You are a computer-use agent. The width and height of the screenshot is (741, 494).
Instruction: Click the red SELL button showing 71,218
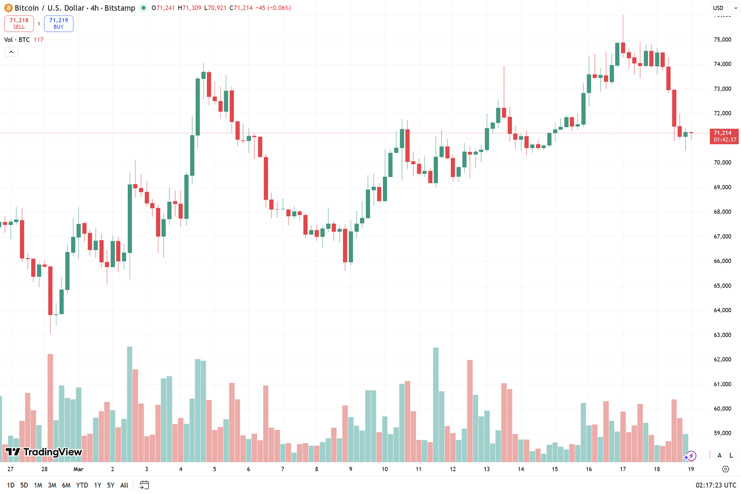click(19, 24)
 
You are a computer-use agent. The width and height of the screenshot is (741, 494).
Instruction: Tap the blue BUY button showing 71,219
click(59, 24)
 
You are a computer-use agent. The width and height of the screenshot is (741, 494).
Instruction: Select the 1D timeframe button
click(11, 485)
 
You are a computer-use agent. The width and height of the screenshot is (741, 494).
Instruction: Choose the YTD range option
click(82, 485)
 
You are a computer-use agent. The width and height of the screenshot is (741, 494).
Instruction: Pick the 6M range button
click(66, 485)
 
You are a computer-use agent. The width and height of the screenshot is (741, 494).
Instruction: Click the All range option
click(124, 485)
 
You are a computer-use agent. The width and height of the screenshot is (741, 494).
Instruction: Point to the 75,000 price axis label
click(722, 39)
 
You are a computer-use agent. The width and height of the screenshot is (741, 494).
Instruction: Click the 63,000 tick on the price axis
click(722, 335)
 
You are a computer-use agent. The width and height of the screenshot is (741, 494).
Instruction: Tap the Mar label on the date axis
click(78, 469)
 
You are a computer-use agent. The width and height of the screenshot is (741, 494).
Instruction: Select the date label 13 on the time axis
click(487, 469)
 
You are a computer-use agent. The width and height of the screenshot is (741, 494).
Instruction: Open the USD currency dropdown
click(724, 8)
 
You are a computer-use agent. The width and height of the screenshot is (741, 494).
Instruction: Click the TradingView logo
click(44, 452)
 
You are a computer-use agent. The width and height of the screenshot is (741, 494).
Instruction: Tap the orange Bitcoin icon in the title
click(8, 8)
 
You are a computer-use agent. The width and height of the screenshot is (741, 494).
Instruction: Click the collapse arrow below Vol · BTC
click(11, 52)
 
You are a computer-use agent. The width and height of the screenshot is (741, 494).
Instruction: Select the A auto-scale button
click(719, 455)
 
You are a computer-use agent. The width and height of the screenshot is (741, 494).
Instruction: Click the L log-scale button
click(731, 455)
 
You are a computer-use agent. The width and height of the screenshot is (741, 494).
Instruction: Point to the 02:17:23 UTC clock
click(716, 485)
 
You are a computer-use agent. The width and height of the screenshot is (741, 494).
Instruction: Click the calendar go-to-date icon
click(144, 485)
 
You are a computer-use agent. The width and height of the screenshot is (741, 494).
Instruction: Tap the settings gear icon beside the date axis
click(726, 469)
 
